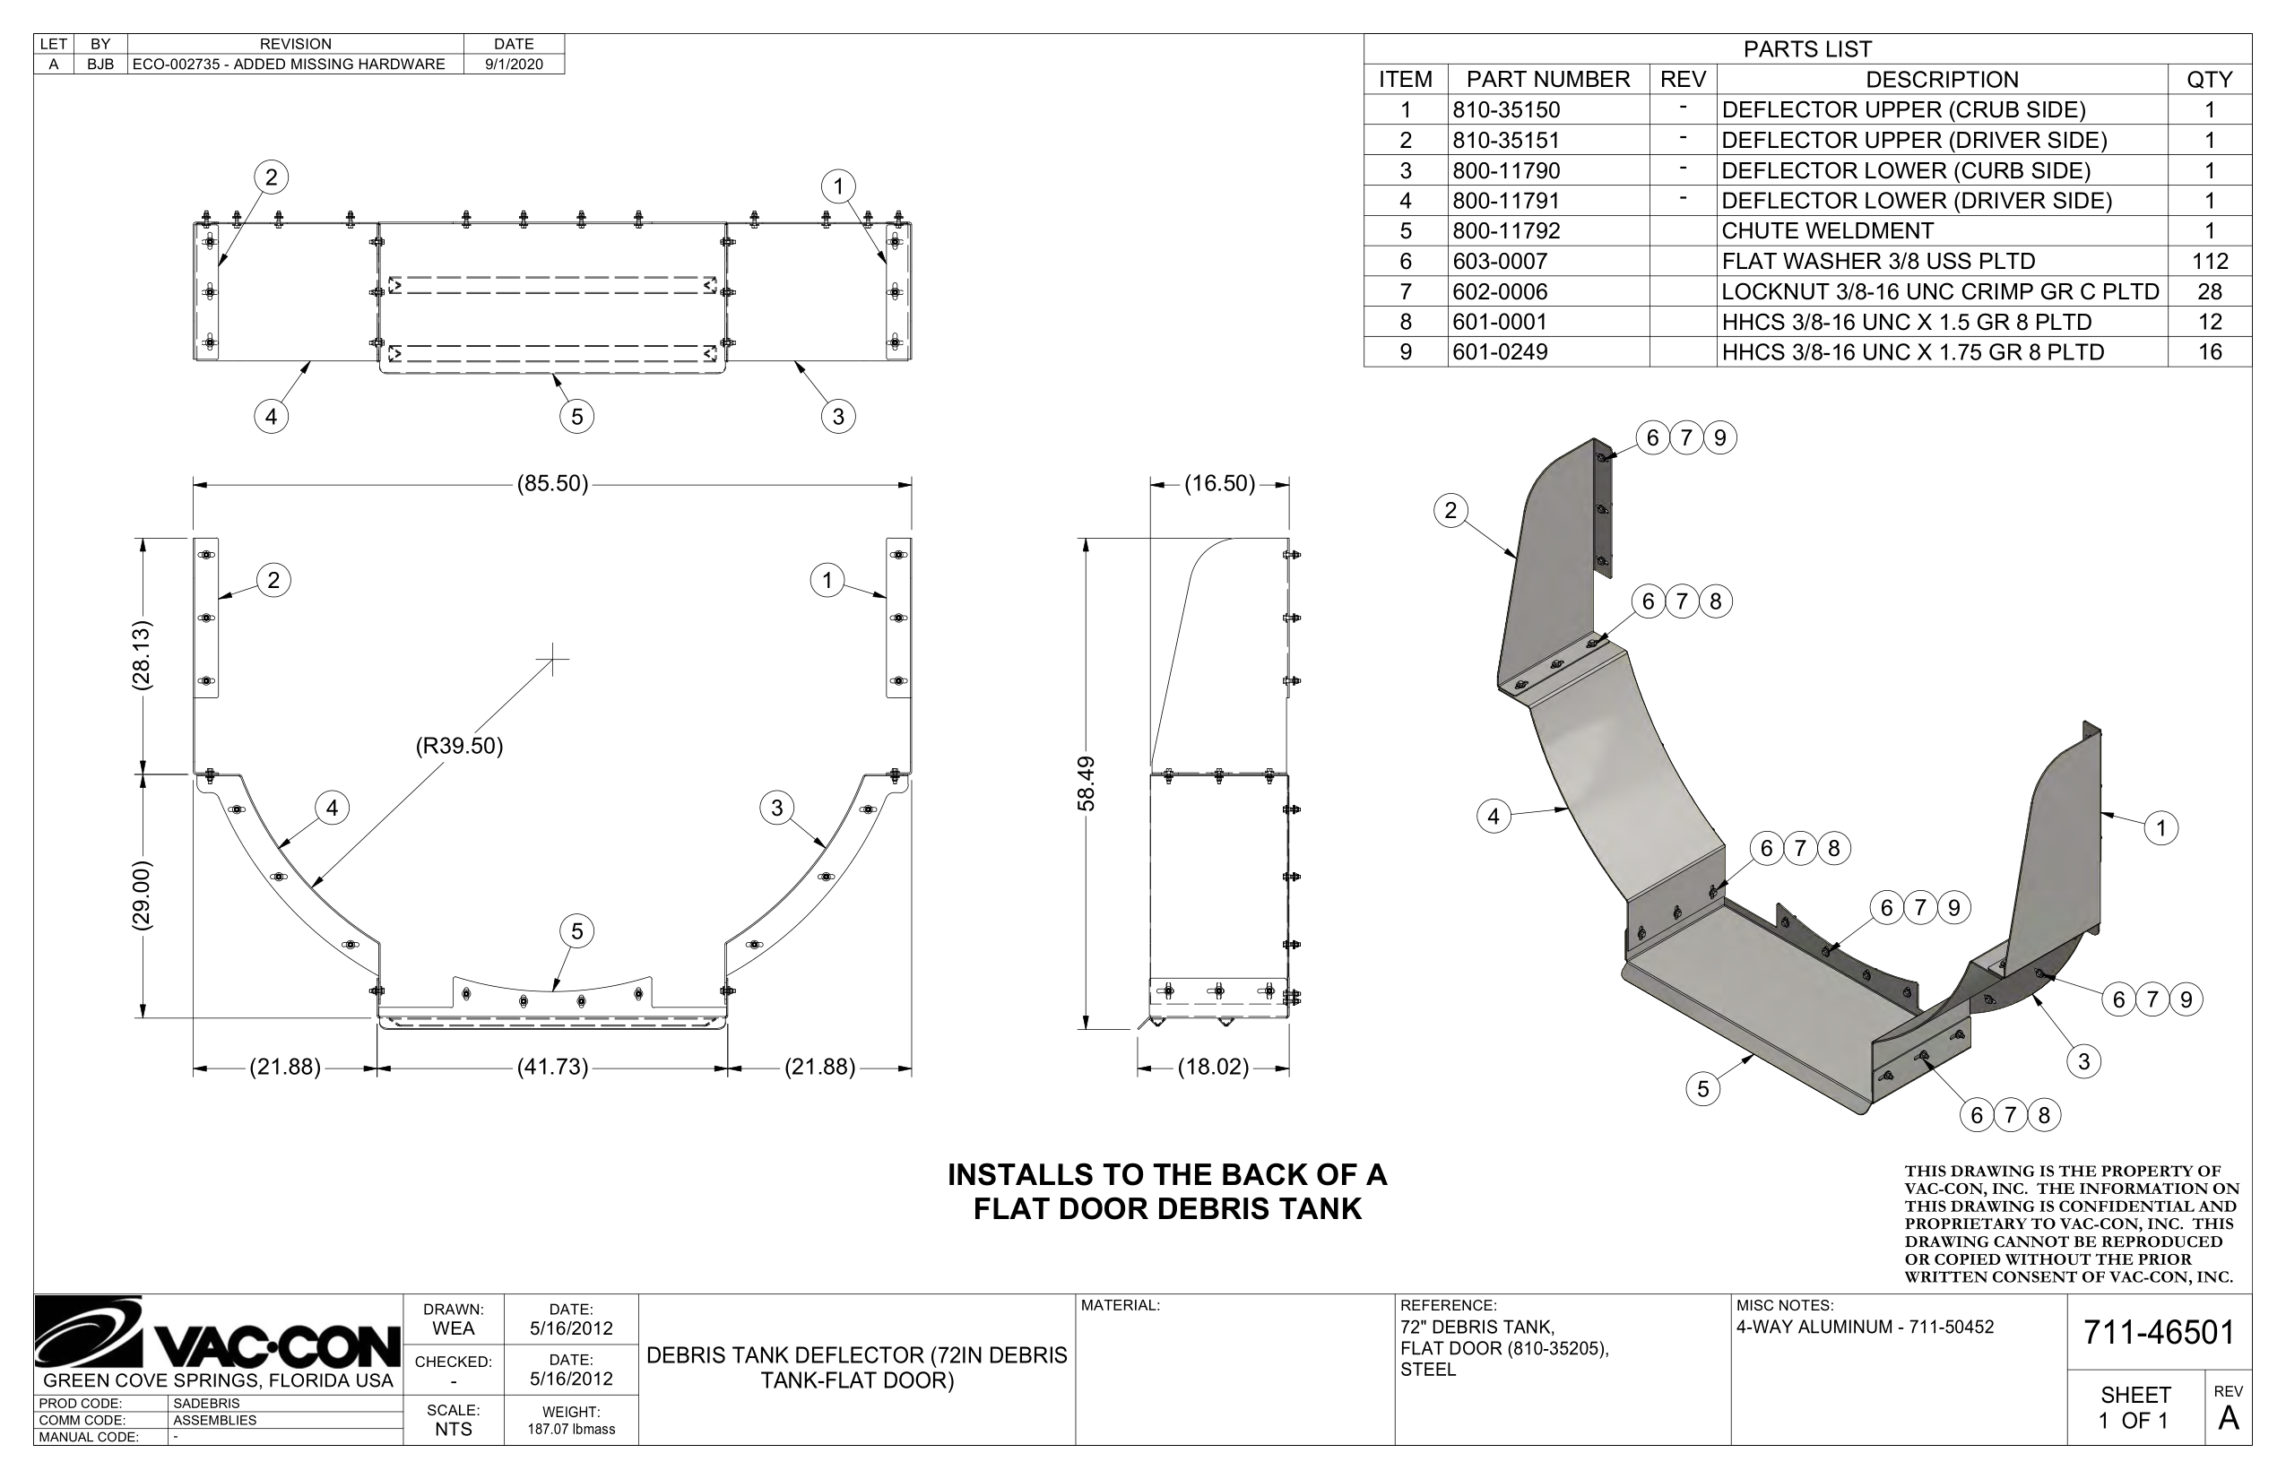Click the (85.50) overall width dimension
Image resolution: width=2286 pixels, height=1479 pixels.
pyautogui.click(x=552, y=484)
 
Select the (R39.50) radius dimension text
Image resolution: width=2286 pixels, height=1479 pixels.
pyautogui.click(x=459, y=746)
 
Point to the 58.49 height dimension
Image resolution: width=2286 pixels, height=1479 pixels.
pyautogui.click(x=1087, y=783)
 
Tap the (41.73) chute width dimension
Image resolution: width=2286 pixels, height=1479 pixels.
pyautogui.click(x=552, y=1067)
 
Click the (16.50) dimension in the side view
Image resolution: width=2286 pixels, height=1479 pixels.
pyautogui.click(x=1219, y=484)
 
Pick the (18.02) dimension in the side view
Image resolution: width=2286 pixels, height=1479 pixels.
pyautogui.click(x=1213, y=1067)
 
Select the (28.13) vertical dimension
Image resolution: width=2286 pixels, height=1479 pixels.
pyautogui.click(x=142, y=655)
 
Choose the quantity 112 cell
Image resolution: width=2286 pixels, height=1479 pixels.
pyautogui.click(x=2209, y=261)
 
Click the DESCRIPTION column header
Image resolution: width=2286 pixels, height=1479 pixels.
pyautogui.click(x=1941, y=80)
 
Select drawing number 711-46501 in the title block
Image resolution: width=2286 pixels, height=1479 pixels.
pyautogui.click(x=2159, y=1333)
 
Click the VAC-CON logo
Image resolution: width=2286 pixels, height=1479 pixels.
pyautogui.click(x=217, y=1334)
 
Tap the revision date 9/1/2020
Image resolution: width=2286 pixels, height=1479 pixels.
pyautogui.click(x=514, y=65)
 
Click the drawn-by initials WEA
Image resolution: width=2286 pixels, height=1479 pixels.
pyautogui.click(x=454, y=1329)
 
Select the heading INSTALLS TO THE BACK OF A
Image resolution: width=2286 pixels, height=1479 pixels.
pyautogui.click(x=1167, y=1174)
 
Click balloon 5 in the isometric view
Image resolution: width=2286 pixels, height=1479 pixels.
pyautogui.click(x=1703, y=1089)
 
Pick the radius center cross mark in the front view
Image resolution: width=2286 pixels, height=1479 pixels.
pyautogui.click(x=552, y=659)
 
